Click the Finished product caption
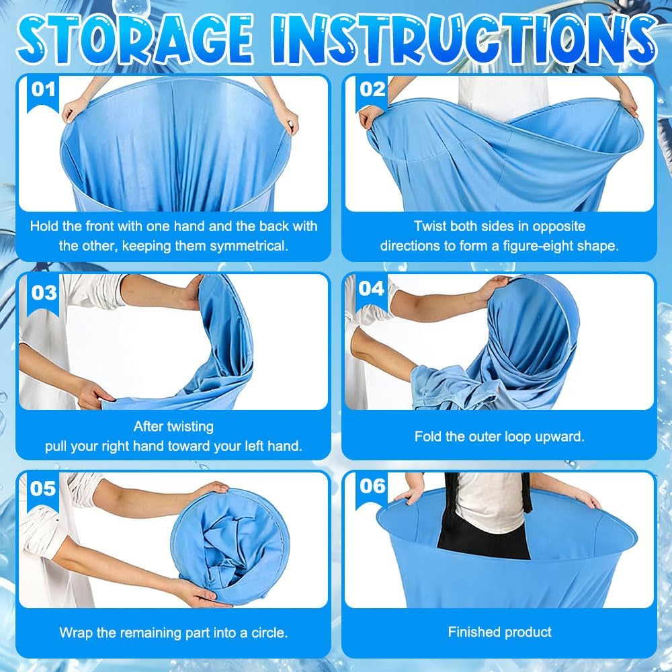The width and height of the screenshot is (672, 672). point(500,632)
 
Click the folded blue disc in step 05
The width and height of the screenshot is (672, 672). point(230,546)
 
